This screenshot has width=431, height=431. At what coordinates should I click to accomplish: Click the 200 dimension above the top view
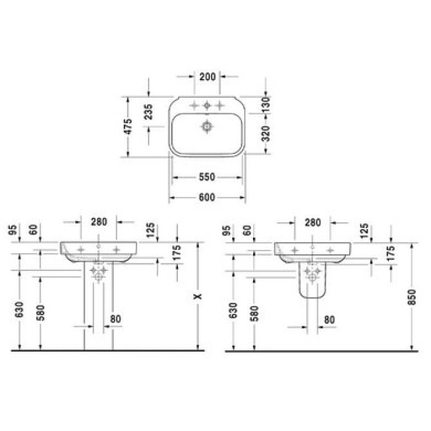(x=207, y=77)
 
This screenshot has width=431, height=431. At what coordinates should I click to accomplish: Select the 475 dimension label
(x=128, y=126)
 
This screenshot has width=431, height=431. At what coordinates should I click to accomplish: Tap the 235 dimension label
(x=148, y=111)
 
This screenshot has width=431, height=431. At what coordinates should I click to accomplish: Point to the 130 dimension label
(x=266, y=105)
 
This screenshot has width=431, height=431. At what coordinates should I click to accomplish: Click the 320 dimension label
(x=266, y=134)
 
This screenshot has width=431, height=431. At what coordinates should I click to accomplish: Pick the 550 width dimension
(x=207, y=177)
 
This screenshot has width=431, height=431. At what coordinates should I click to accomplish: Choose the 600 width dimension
(x=207, y=198)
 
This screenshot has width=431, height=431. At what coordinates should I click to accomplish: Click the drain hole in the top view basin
(x=207, y=127)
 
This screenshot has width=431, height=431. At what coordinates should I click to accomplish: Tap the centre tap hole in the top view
(x=207, y=105)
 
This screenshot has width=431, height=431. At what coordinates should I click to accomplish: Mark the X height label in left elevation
(x=198, y=297)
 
